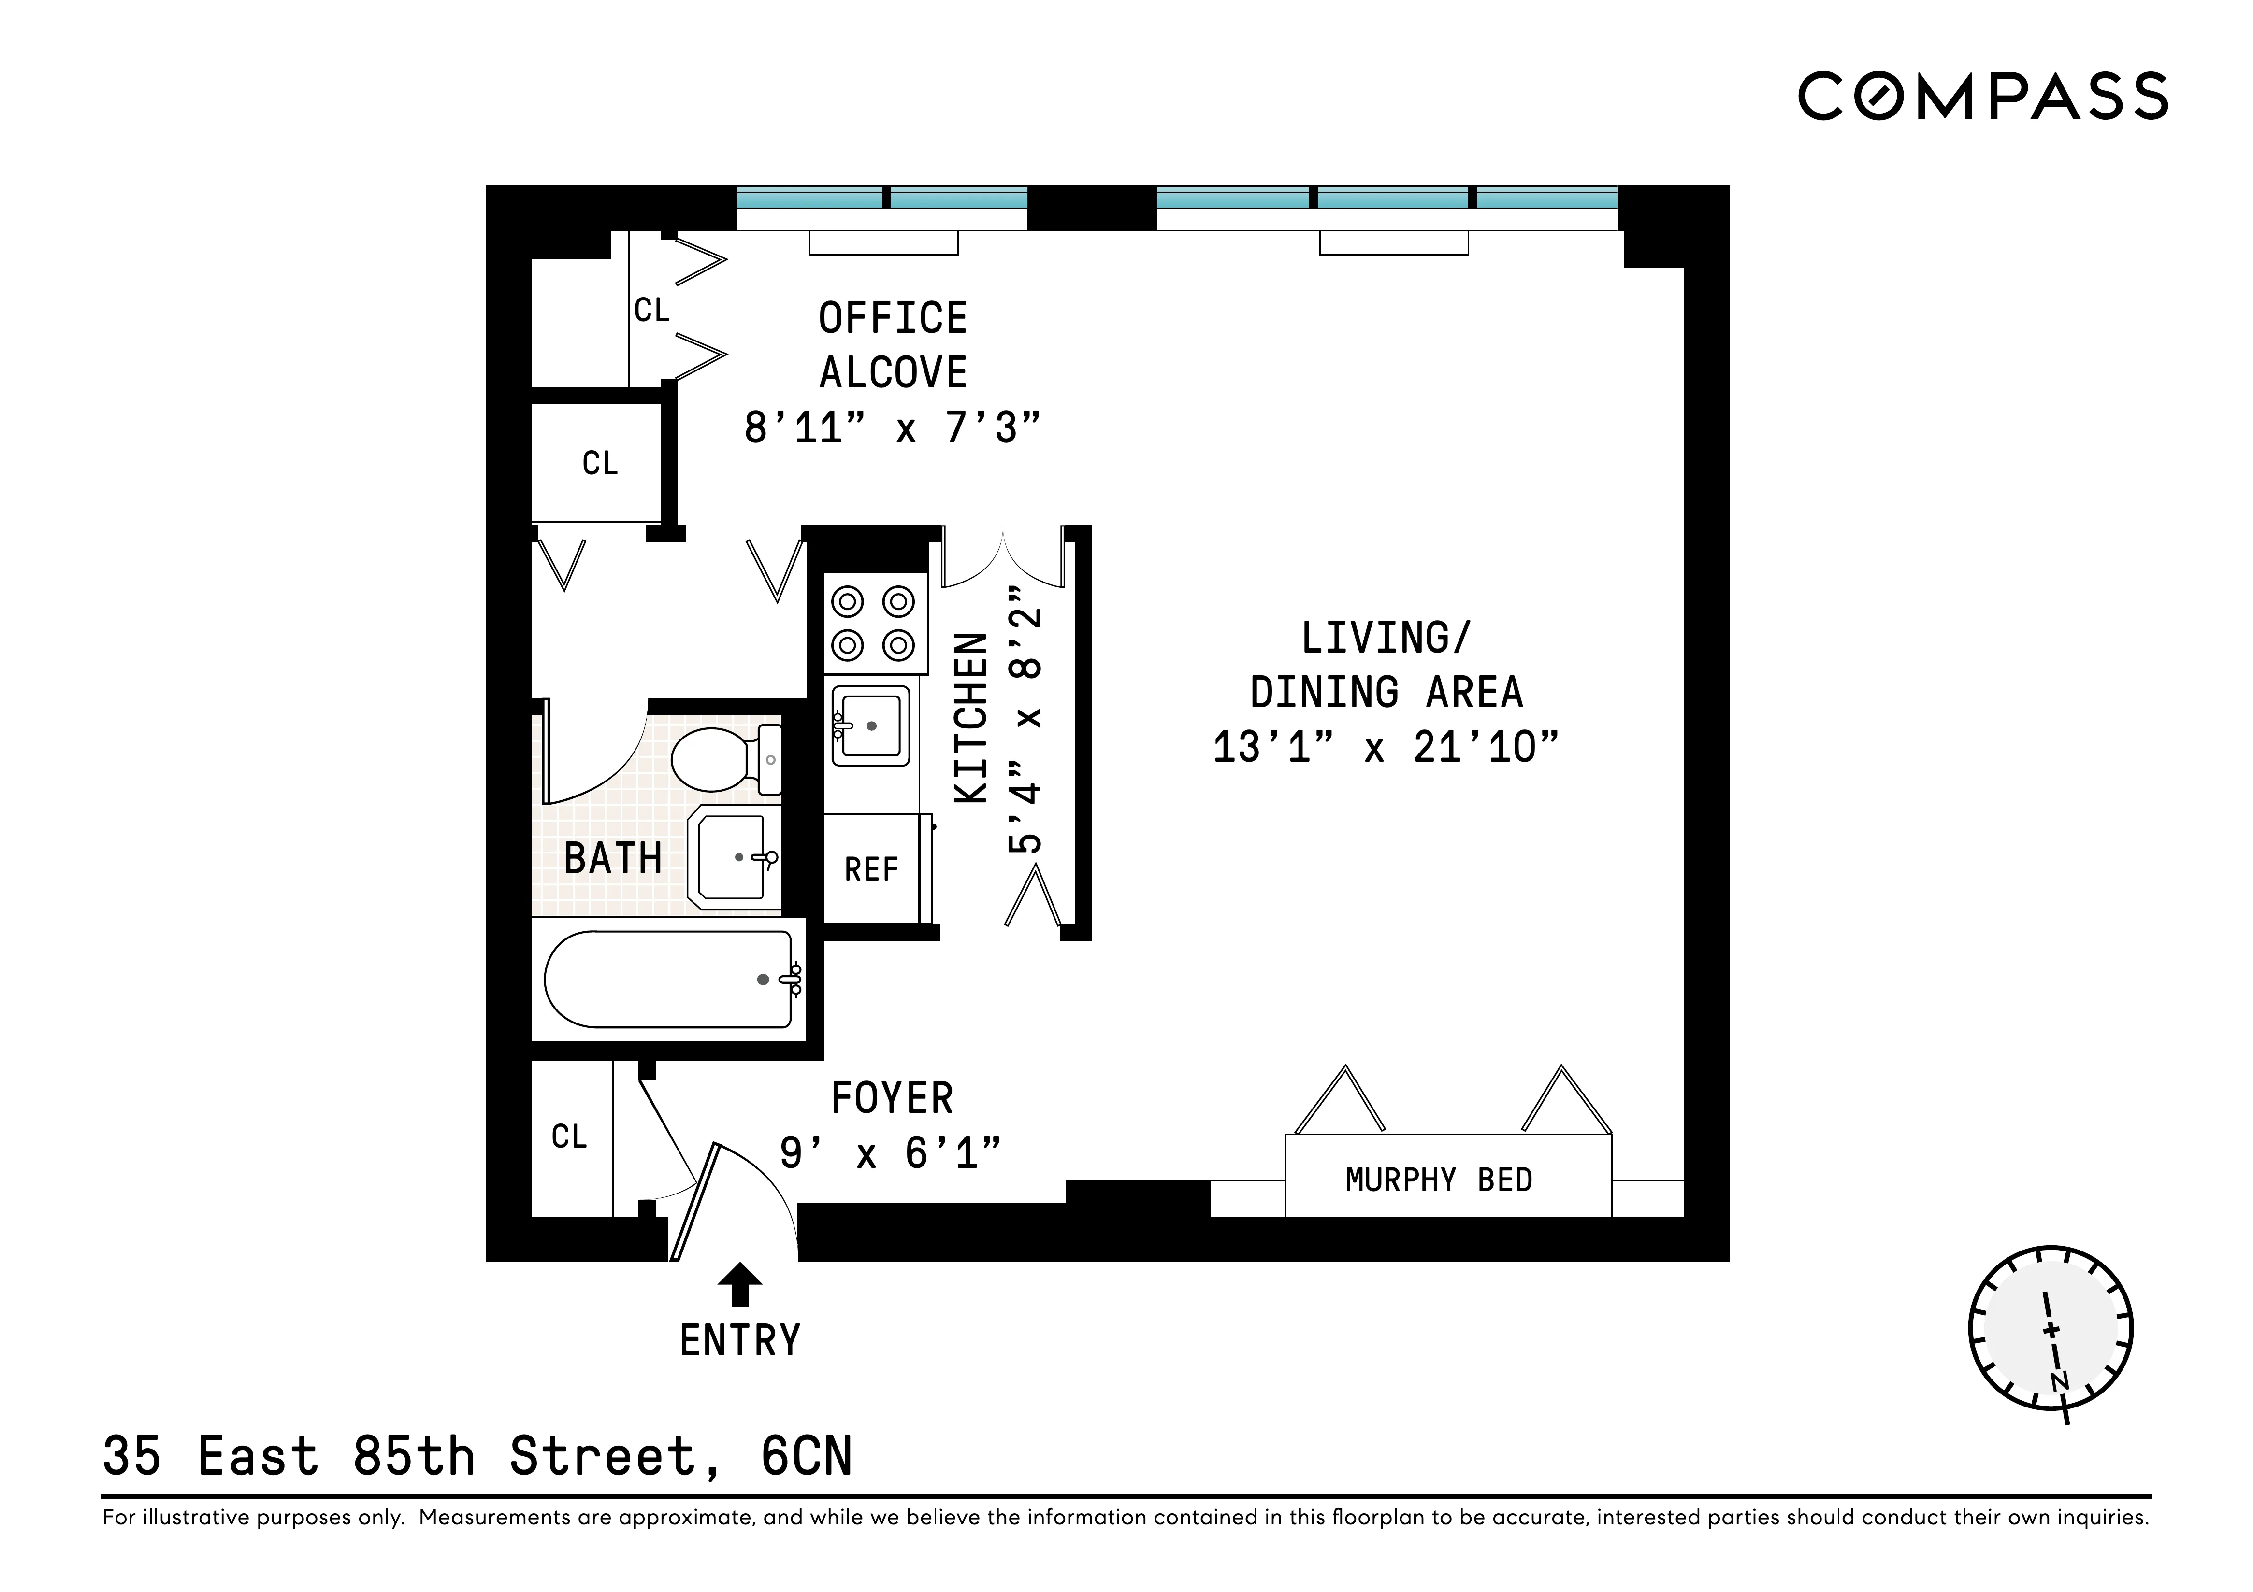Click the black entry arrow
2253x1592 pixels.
[740, 1284]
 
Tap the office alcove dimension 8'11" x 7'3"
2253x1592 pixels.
[891, 427]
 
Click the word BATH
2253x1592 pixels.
[613, 859]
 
